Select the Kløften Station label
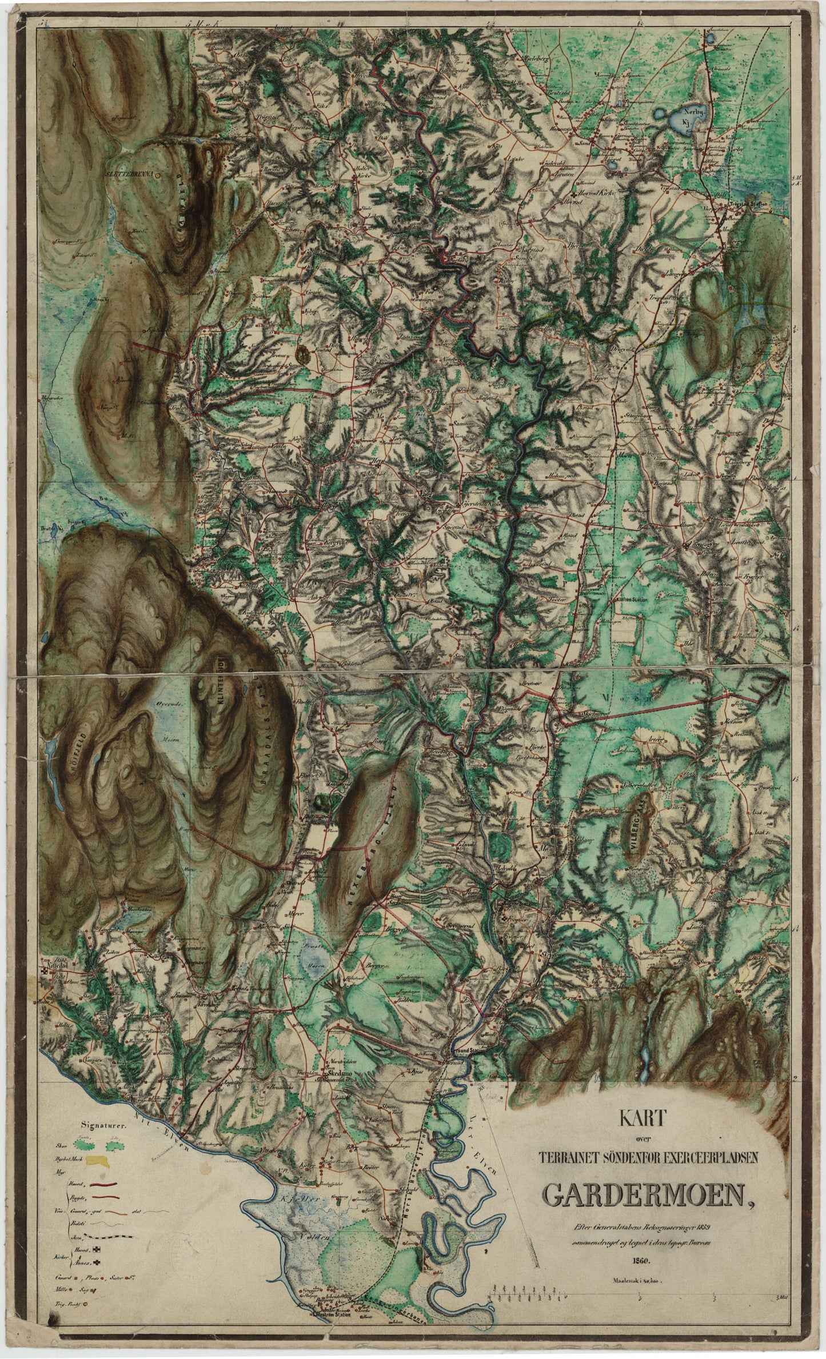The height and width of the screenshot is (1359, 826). click(631, 600)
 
